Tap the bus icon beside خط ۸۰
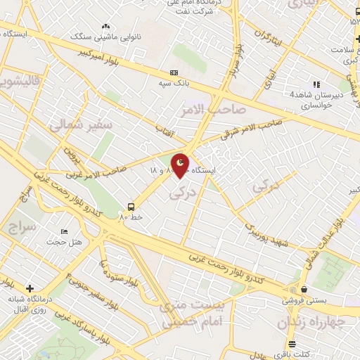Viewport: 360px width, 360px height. (131, 207)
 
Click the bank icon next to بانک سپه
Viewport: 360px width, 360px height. (174, 73)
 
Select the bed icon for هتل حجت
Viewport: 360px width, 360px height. (65, 232)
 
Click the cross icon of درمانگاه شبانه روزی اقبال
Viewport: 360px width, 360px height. (29, 288)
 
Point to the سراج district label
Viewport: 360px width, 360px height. (23, 227)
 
